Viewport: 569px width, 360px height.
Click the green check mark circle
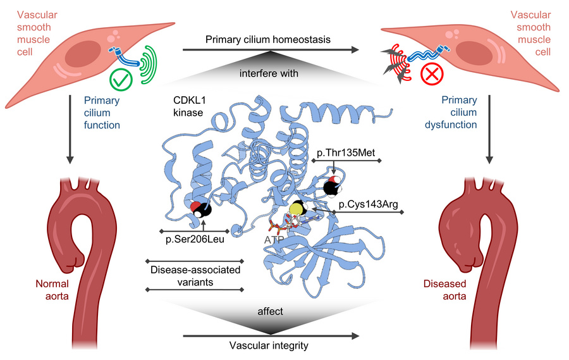[x=121, y=80]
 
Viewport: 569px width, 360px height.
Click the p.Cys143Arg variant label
[x=369, y=204]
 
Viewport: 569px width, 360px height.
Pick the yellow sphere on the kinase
[x=296, y=209]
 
